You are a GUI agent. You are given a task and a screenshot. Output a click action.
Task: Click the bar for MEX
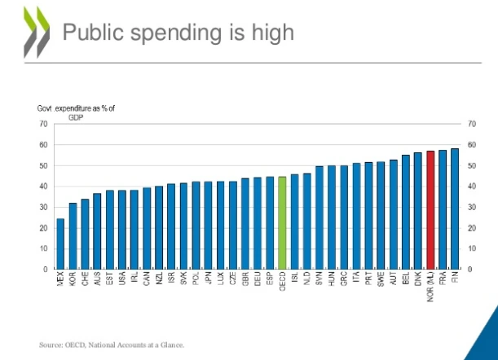click(60, 244)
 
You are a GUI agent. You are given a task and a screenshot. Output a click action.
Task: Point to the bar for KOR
click(73, 235)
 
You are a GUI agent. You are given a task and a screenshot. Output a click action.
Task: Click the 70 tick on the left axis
click(42, 124)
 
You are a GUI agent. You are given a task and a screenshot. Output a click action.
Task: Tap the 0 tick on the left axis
click(45, 269)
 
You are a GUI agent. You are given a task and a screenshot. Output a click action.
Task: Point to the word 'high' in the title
click(262, 32)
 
